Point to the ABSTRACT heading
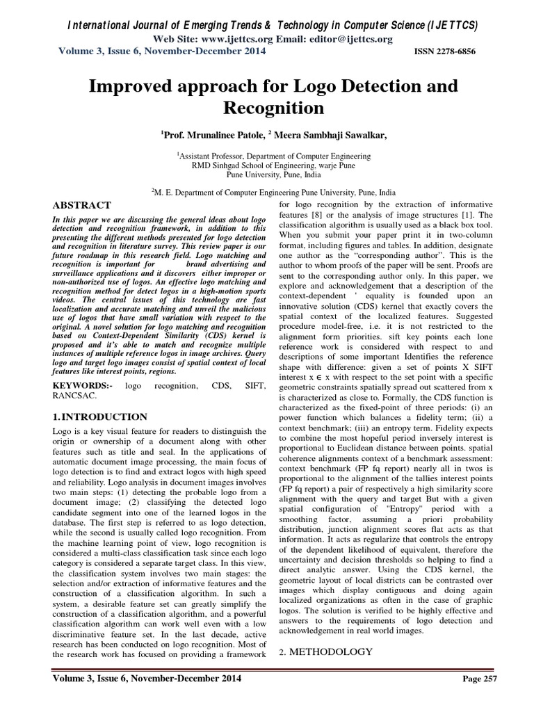pyautogui.click(x=82, y=205)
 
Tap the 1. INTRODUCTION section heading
pyautogui.click(x=100, y=417)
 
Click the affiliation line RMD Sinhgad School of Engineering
pyautogui.click(x=267, y=167)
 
